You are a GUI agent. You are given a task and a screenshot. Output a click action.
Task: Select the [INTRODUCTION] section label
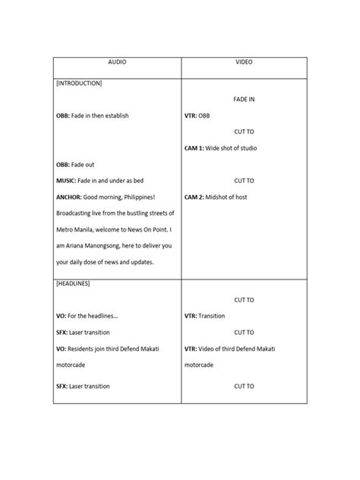80,83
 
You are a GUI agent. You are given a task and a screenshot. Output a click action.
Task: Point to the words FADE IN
245,99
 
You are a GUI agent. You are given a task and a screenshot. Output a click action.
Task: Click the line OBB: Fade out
75,164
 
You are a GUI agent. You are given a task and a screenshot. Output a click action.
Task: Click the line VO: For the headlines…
87,316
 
